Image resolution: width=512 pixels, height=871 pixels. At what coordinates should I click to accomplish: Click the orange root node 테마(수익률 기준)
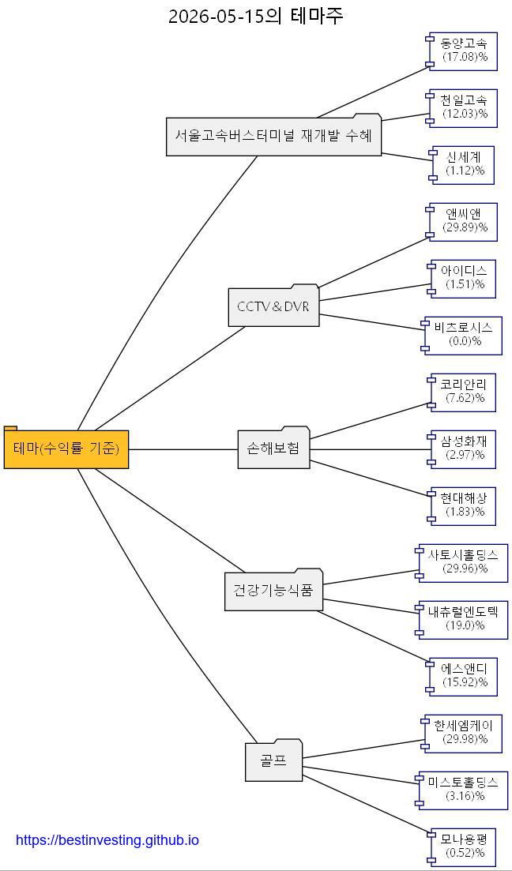point(66,448)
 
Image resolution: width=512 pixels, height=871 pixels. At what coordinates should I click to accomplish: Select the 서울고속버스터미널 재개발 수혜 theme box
point(273,135)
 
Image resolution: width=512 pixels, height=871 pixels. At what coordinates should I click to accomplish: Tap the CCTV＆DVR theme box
point(273,306)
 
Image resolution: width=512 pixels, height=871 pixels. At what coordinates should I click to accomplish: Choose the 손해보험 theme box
point(273,448)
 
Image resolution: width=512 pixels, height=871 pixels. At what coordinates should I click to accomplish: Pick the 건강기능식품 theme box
point(273,589)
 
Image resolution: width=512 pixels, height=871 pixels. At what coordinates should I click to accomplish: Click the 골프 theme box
point(273,760)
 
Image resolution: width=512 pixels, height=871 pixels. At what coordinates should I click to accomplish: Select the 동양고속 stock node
point(462,50)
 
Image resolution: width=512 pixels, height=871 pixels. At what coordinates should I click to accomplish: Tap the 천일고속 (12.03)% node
point(462,107)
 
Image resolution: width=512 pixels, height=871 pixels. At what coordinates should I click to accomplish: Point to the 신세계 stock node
point(462,164)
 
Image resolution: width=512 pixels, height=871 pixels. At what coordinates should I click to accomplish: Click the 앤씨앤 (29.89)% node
point(462,221)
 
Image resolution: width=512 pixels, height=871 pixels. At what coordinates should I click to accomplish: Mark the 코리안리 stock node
point(462,392)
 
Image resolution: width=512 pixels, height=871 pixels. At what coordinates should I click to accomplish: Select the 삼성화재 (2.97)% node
point(462,449)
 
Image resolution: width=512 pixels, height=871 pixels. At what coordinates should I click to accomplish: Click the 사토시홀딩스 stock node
point(462,562)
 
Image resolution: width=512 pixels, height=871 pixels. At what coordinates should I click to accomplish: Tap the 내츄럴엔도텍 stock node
point(462,619)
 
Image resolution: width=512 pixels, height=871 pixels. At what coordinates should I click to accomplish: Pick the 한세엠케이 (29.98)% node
point(462,733)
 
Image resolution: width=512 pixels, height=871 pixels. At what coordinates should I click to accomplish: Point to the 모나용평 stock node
point(462,846)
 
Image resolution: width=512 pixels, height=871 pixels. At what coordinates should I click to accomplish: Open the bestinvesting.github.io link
point(107,839)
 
